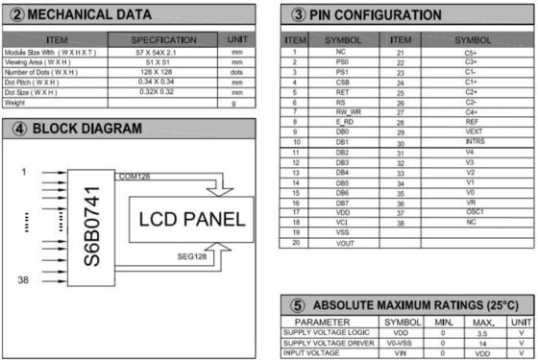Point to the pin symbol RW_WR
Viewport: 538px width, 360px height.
(337, 112)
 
